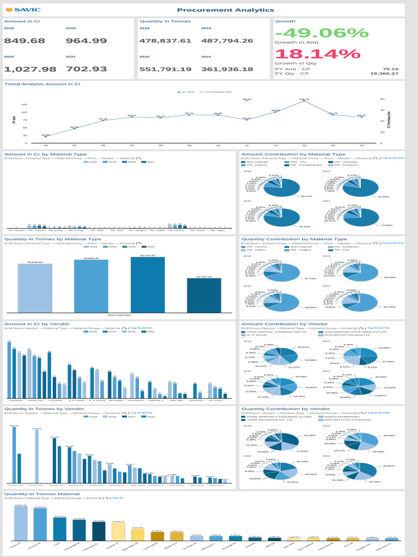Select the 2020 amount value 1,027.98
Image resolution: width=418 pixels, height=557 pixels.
[x=30, y=69]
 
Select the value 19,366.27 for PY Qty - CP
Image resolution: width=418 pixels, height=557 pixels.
[x=384, y=73]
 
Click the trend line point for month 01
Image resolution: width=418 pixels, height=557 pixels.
[x=304, y=101]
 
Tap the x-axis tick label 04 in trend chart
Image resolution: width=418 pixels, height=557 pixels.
[x=46, y=146]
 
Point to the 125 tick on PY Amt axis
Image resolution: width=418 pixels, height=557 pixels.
[x=24, y=104]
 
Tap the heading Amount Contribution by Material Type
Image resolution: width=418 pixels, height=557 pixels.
[x=300, y=154]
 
